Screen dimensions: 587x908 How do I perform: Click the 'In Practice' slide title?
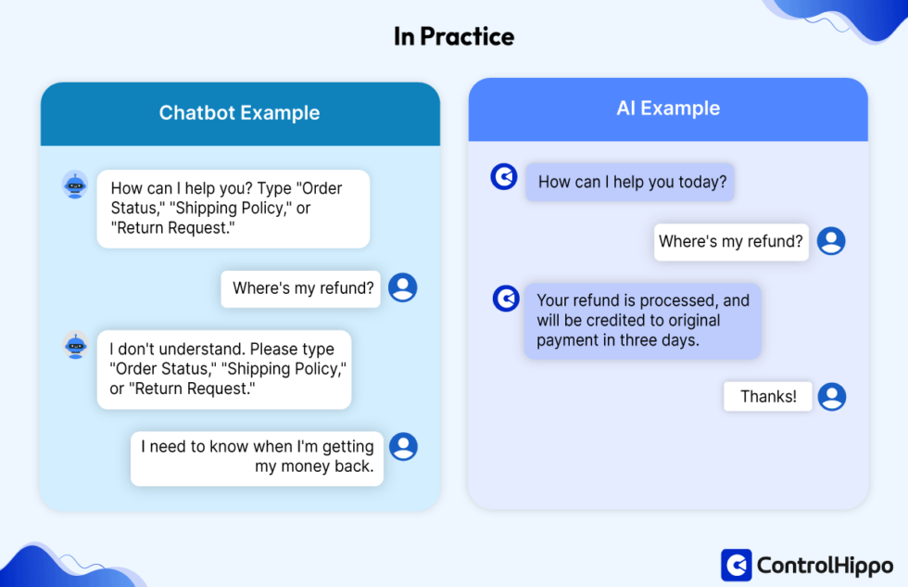coord(453,36)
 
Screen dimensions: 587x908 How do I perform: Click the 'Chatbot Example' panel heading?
coord(239,113)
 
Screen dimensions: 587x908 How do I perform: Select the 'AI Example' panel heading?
coord(667,108)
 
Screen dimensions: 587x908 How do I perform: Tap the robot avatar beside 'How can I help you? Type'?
coord(75,185)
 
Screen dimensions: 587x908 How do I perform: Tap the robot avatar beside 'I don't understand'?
coord(75,345)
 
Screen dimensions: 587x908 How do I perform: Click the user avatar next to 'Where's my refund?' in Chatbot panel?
coord(402,287)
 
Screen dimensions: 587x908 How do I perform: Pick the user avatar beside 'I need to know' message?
coord(403,447)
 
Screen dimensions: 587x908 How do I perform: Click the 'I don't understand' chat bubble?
coord(224,369)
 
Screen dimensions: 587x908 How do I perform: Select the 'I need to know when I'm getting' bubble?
coord(257,457)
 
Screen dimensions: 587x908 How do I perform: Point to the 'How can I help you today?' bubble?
coord(630,182)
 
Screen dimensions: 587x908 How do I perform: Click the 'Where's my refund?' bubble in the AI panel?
coord(730,241)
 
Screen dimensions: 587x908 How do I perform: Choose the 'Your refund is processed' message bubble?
coord(642,321)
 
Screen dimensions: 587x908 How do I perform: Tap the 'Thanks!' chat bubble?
coord(767,396)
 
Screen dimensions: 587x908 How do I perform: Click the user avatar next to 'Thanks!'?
coord(832,396)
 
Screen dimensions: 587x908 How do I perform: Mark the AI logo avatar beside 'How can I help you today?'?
coord(504,176)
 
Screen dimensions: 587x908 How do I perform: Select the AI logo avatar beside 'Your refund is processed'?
coord(506,298)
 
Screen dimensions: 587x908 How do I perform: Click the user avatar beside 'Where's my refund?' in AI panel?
coord(831,241)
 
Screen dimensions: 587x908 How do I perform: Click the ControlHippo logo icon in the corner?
coord(736,564)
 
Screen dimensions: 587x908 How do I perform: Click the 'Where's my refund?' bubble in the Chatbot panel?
coord(302,288)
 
